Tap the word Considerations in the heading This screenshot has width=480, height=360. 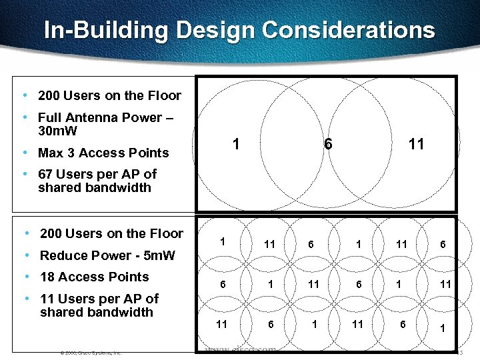[349, 30]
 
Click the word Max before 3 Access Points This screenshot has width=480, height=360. [51, 153]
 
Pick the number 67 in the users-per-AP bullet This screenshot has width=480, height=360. [46, 174]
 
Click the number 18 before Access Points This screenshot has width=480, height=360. [48, 277]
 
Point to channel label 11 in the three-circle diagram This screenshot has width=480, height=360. [416, 143]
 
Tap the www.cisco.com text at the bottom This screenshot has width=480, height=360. [241, 350]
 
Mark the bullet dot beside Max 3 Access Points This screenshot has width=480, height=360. [25, 153]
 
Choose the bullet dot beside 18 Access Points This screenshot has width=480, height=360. [25, 277]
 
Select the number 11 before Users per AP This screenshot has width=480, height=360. [47, 299]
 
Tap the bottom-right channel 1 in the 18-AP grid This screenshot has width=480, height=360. [441, 328]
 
